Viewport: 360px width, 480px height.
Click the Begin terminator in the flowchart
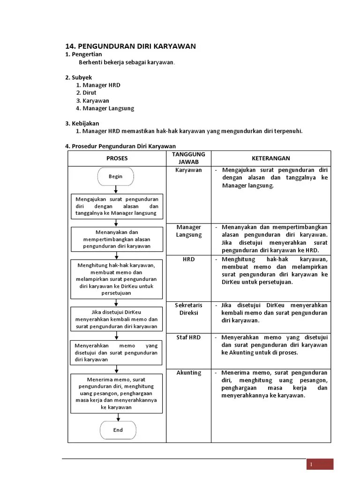coord(116,177)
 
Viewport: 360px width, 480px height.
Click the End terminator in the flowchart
coord(118,430)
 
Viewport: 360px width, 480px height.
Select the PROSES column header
coord(117,158)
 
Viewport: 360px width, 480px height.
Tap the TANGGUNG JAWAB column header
coord(188,158)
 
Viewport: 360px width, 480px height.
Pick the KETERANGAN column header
coord(270,158)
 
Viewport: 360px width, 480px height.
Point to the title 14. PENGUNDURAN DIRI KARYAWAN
coord(130,46)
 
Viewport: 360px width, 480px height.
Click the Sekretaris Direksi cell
coord(188,309)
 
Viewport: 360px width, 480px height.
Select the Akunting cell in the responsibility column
coord(188,373)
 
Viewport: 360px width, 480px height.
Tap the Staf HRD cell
coord(188,337)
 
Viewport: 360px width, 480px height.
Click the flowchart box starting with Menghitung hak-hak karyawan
coord(117,279)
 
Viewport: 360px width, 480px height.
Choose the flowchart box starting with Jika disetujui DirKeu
coord(117,320)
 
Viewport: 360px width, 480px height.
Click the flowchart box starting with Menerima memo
coord(117,393)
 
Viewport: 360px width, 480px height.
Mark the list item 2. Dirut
coord(86,93)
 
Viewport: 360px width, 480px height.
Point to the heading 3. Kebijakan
coord(82,123)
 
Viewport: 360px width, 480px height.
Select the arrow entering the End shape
coord(116,417)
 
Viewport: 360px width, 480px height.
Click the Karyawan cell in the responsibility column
coord(188,170)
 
